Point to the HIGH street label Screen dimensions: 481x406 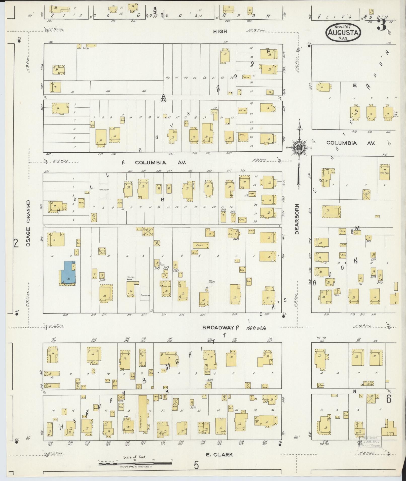point(220,31)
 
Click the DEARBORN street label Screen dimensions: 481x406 point(297,219)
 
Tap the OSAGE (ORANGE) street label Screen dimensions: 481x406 point(28,224)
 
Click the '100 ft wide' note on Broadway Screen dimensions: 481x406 point(256,328)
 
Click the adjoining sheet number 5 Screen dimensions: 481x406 point(196,465)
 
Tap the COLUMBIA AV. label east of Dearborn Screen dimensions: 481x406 point(351,143)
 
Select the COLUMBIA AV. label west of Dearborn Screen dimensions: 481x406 point(160,163)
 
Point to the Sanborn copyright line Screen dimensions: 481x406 point(135,466)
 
